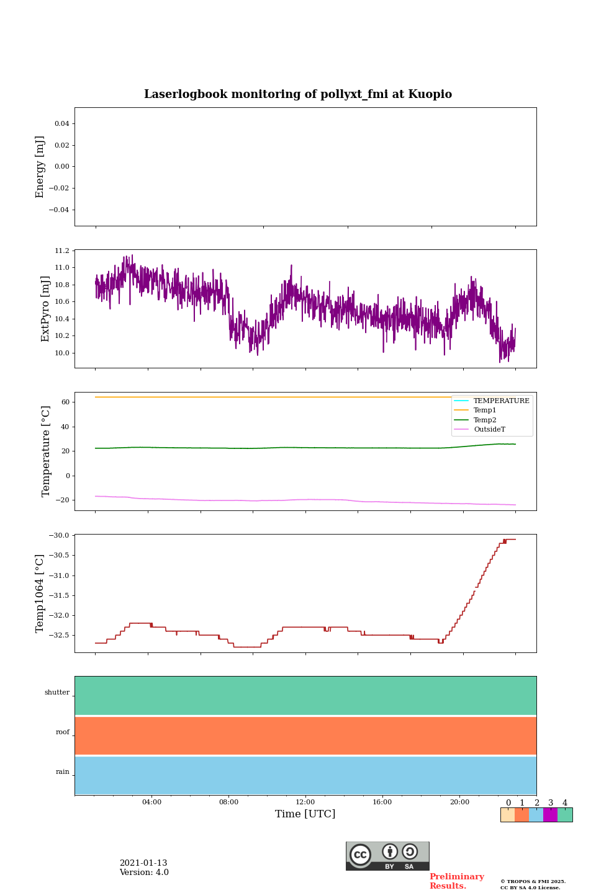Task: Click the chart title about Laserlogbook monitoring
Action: coord(298,94)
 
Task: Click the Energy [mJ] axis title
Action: coord(40,167)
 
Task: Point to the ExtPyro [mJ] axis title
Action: coord(45,309)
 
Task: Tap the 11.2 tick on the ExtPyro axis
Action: coord(62,251)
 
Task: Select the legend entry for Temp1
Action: coord(485,411)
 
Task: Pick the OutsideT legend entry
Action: coord(489,429)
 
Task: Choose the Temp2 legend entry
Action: coord(485,420)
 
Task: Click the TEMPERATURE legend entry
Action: coord(501,401)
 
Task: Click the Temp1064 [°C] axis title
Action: coord(40,593)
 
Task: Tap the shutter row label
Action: coord(57,693)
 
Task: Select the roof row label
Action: coord(63,732)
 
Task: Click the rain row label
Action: coord(63,772)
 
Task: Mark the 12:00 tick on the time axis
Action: coord(305,802)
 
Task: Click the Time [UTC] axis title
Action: coord(305,814)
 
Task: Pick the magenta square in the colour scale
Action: coord(550,815)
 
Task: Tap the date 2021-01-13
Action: coord(143,863)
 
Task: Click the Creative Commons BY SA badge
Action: coord(387,856)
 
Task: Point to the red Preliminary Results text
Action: coord(456,881)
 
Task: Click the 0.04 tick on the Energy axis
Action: coord(61,124)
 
